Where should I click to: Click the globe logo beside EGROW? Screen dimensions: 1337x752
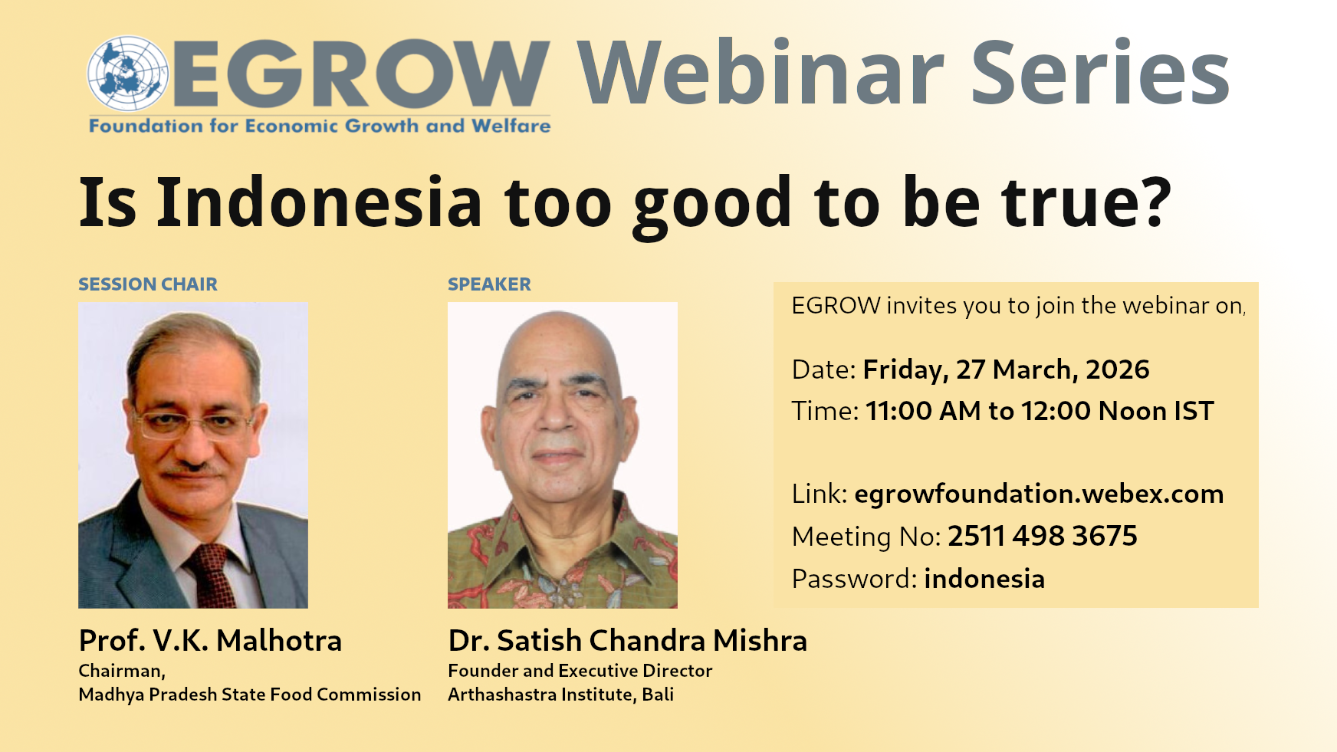click(x=127, y=74)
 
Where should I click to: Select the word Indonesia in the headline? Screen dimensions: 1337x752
click(x=320, y=202)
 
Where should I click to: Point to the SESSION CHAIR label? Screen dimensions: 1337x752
click(x=148, y=284)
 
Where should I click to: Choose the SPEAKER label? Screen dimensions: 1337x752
click(x=489, y=284)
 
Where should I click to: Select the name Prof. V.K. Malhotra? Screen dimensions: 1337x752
click(x=210, y=641)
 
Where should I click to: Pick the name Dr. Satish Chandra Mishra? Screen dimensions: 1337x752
click(x=627, y=641)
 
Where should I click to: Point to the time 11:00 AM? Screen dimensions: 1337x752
click(x=923, y=411)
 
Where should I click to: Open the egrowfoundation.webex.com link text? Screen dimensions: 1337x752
click(x=1039, y=494)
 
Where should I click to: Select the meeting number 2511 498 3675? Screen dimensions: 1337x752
click(x=1043, y=536)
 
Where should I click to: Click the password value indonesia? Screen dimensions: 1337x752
click(x=984, y=579)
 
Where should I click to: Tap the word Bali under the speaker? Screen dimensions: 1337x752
click(x=658, y=695)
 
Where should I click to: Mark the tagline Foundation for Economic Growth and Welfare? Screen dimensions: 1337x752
click(x=320, y=126)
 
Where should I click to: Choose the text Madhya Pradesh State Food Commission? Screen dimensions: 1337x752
click(x=250, y=695)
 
